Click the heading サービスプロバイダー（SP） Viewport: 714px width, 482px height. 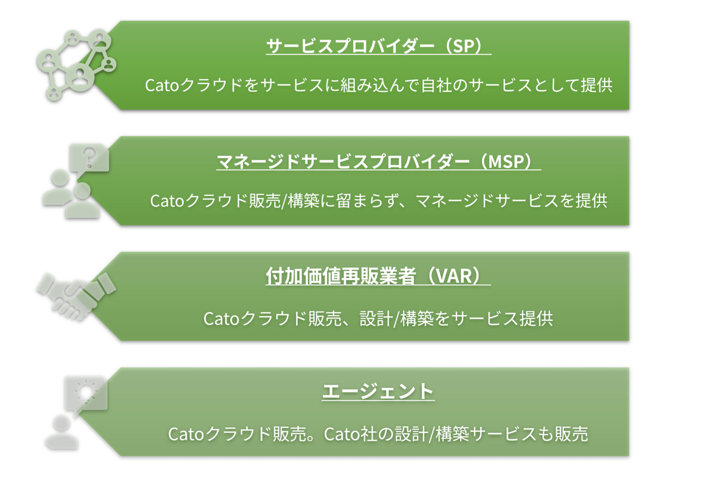click(378, 46)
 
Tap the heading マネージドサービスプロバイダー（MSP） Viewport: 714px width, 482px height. click(378, 162)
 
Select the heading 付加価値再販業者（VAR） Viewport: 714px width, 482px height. click(378, 276)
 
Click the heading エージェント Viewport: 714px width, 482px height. click(378, 391)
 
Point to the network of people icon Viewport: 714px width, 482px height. click(76, 65)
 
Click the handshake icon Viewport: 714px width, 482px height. click(76, 296)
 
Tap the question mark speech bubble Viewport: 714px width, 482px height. click(90, 159)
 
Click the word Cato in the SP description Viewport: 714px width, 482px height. click(162, 86)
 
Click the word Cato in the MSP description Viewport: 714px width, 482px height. click(167, 201)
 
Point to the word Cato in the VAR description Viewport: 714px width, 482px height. click(221, 319)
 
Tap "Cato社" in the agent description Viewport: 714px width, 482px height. click(351, 434)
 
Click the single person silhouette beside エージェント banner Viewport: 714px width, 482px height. click(62, 432)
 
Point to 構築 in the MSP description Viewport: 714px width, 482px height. click(303, 201)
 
